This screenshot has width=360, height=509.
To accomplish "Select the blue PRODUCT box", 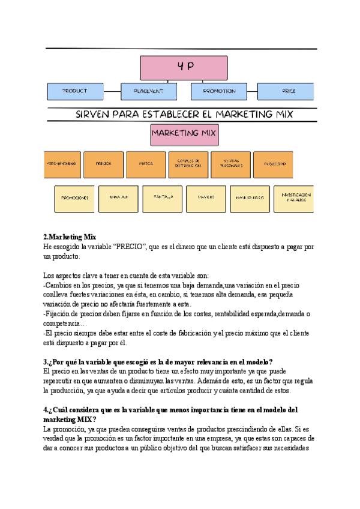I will click(x=75, y=91).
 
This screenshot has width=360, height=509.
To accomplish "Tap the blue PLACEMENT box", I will click(x=149, y=91).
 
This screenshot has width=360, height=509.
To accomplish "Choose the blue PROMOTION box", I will click(x=219, y=91).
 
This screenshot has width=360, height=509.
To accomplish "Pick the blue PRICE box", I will click(x=286, y=91).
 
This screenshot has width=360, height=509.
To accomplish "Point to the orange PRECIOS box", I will click(x=103, y=164).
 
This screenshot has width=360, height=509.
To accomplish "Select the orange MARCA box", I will click(x=146, y=164).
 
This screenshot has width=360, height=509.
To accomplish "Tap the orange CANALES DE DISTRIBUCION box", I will click(x=188, y=164).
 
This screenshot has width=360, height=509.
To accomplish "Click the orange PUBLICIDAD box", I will click(x=273, y=164).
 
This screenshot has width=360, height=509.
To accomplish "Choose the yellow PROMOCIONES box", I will click(x=74, y=198).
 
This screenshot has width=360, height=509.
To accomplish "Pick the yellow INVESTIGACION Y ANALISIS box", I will click(x=296, y=197).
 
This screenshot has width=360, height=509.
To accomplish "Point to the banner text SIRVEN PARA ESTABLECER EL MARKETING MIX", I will click(x=180, y=113).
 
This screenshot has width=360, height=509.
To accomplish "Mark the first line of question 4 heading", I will click(x=170, y=409).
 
